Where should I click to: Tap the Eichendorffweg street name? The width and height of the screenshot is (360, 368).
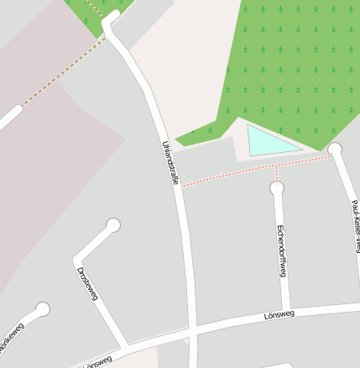point(282,250)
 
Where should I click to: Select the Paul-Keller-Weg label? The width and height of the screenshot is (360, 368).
point(355,225)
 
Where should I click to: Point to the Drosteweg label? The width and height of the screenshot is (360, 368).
point(87,284)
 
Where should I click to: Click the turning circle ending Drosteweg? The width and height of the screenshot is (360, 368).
point(112,225)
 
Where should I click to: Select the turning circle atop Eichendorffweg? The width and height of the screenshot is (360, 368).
point(277,187)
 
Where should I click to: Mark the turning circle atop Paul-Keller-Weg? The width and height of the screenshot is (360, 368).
point(335,150)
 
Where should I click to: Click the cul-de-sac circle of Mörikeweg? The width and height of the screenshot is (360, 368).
point(43,309)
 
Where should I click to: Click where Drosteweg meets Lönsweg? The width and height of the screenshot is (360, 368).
point(126,346)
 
